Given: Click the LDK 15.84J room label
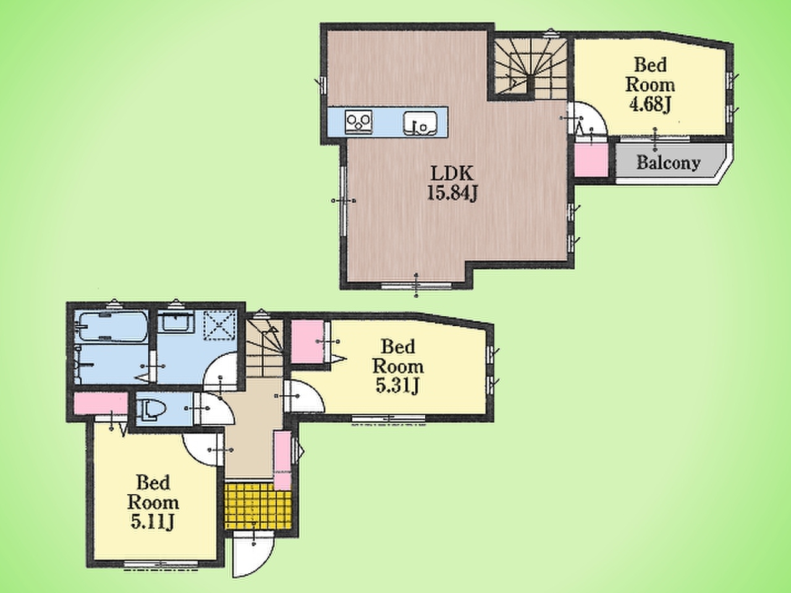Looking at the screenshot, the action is pyautogui.click(x=452, y=183).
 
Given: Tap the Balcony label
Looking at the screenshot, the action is pyautogui.click(x=669, y=162).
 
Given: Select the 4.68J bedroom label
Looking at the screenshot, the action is pyautogui.click(x=650, y=85).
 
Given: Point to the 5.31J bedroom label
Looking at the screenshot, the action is pyautogui.click(x=398, y=366).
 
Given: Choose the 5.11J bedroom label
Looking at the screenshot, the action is pyautogui.click(x=153, y=503).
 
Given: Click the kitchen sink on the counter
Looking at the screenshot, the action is pyautogui.click(x=420, y=123).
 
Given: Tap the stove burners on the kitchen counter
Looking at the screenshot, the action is pyautogui.click(x=358, y=122).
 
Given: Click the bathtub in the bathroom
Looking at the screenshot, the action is pyautogui.click(x=112, y=327).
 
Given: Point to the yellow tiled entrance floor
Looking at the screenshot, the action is pyautogui.click(x=258, y=506).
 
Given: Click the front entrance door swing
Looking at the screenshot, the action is pyautogui.click(x=253, y=557).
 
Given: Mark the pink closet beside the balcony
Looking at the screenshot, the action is pyautogui.click(x=591, y=160).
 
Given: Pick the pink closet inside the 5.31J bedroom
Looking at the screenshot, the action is pyautogui.click(x=307, y=342).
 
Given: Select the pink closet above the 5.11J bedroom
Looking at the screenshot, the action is pyautogui.click(x=101, y=403).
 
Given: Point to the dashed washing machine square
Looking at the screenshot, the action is pyautogui.click(x=220, y=325).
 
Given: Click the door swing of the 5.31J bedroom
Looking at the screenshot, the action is pyautogui.click(x=304, y=396).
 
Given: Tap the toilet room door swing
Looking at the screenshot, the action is pyautogui.click(x=214, y=408).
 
